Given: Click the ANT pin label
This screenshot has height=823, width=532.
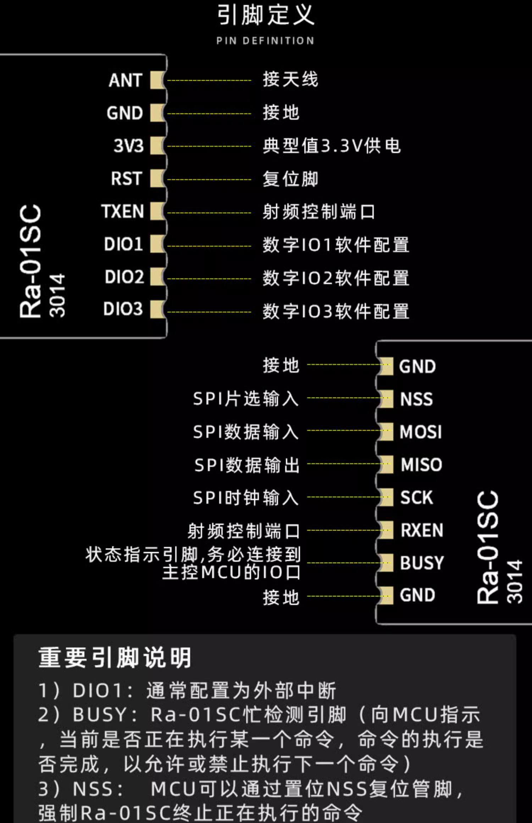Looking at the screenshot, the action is pyautogui.click(x=126, y=80).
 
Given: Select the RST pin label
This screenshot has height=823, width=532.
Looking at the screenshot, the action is pyautogui.click(x=126, y=178).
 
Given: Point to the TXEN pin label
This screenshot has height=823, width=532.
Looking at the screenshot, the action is pyautogui.click(x=123, y=211).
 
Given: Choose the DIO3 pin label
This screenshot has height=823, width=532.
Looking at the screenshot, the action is pyautogui.click(x=123, y=309).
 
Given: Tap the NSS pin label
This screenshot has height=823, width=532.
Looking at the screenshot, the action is pyautogui.click(x=416, y=399).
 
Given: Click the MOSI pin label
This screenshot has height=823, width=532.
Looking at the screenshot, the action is pyautogui.click(x=421, y=432).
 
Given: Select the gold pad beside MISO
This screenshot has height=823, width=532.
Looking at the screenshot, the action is pyautogui.click(x=387, y=465).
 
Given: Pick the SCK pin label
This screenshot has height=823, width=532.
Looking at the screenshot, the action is pyautogui.click(x=416, y=498).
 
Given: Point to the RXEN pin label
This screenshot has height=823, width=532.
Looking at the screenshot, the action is pyautogui.click(x=422, y=531).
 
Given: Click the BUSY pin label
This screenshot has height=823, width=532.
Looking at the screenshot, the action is pyautogui.click(x=422, y=563).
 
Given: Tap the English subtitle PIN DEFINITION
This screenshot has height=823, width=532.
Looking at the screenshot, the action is pyautogui.click(x=265, y=41).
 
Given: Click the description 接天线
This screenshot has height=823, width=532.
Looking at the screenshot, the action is pyautogui.click(x=290, y=79).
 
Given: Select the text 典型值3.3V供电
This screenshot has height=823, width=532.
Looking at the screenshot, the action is pyautogui.click(x=332, y=146).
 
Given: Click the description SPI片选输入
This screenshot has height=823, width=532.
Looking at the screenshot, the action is pyautogui.click(x=246, y=399).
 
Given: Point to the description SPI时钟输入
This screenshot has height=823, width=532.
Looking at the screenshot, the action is pyautogui.click(x=246, y=498).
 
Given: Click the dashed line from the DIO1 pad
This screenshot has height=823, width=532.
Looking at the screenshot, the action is pyautogui.click(x=209, y=246).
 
